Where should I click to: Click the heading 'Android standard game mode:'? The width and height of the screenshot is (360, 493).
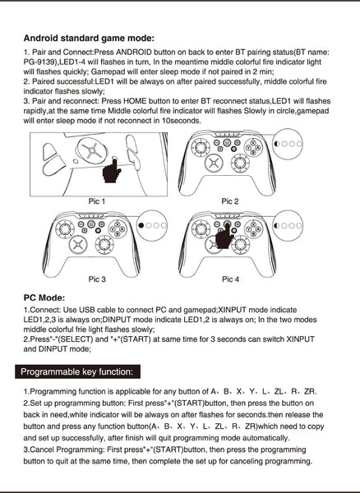pyautogui.click(x=89, y=39)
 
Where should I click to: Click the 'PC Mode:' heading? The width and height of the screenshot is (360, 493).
pyautogui.click(x=44, y=297)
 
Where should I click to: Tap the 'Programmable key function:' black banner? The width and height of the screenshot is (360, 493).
pyautogui.click(x=77, y=371)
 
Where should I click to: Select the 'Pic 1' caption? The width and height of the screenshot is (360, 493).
pyautogui.click(x=97, y=201)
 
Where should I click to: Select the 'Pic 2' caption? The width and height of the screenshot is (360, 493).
pyautogui.click(x=230, y=201)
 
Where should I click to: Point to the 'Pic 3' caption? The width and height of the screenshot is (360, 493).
pyautogui.click(x=97, y=279)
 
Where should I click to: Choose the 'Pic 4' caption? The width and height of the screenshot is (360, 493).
pyautogui.click(x=230, y=279)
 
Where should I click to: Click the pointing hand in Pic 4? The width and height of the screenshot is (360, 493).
pyautogui.click(x=224, y=236)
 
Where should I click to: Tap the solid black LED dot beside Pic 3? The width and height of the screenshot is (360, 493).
pyautogui.click(x=141, y=225)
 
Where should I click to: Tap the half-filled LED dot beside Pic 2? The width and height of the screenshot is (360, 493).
pyautogui.click(x=277, y=144)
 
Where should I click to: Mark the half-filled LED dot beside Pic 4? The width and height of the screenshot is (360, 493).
pyautogui.click(x=277, y=225)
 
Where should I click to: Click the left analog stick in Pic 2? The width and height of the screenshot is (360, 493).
pyautogui.click(x=201, y=147)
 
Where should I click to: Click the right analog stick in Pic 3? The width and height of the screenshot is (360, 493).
pyautogui.click(x=104, y=244)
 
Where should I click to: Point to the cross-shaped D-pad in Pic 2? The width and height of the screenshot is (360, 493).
pyautogui.click(x=214, y=164)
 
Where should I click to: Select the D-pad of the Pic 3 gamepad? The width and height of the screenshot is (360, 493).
pyautogui.click(x=78, y=245)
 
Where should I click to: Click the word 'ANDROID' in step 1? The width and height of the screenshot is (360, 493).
pyautogui.click(x=134, y=53)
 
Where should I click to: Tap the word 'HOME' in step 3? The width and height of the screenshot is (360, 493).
pyautogui.click(x=135, y=101)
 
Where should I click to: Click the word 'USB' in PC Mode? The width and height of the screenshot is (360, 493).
pyautogui.click(x=87, y=310)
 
